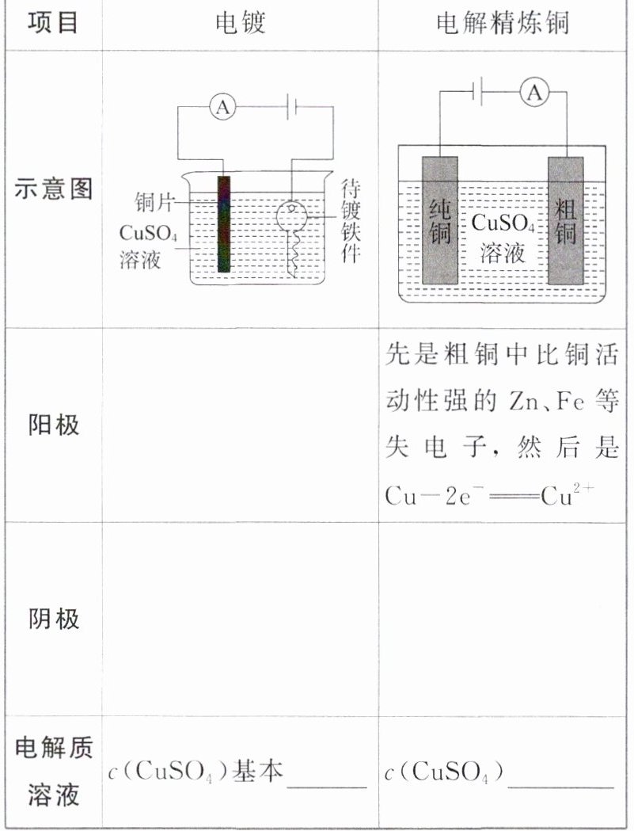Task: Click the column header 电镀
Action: [240, 23]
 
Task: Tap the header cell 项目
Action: [53, 23]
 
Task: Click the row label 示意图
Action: [53, 189]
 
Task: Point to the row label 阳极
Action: [53, 425]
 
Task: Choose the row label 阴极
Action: [53, 619]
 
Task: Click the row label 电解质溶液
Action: [53, 771]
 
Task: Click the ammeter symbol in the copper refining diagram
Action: [535, 93]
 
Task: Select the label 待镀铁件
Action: [351, 220]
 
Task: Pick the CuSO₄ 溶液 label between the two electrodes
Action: [503, 237]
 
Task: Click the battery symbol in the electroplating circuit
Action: [291, 108]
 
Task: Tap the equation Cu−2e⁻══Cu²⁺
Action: [490, 495]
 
